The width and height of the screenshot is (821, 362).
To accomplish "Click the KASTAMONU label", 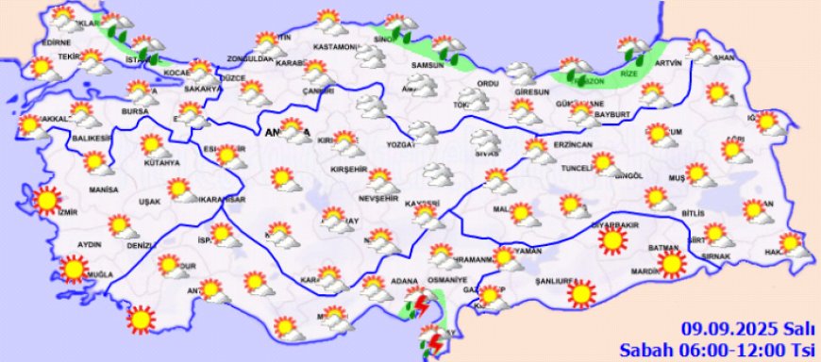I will coord(336,46).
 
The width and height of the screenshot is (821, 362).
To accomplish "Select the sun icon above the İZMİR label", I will coord(44,200).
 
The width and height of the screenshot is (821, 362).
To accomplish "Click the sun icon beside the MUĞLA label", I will coord(72,270).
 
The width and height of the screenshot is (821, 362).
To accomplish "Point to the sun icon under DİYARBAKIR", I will coord(613,242).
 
